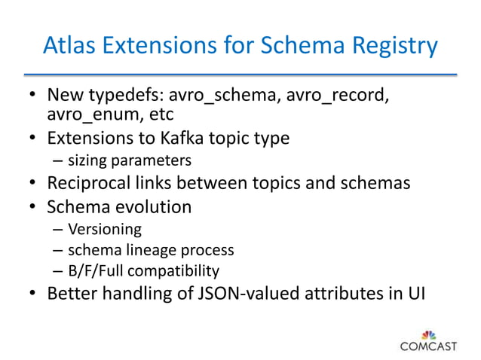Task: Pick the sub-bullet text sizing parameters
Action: [x=129, y=160]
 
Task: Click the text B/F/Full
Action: [x=95, y=270]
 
